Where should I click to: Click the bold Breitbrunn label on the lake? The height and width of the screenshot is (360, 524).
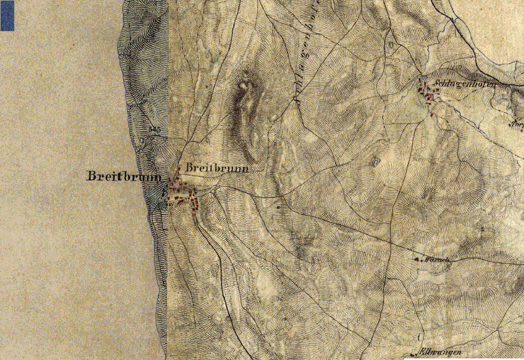coord(124,177)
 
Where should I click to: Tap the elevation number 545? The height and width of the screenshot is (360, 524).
coord(154,129)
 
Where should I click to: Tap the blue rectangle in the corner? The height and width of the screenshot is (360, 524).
coord(7,16)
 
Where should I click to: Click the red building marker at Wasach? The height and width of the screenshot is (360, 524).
coord(417,259)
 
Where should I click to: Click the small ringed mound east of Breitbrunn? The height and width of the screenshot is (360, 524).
coord(375,161)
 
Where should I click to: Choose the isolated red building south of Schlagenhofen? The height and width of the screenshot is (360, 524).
coord(432,113)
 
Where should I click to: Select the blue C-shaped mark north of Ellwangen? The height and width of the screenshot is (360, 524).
coord(420,336)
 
